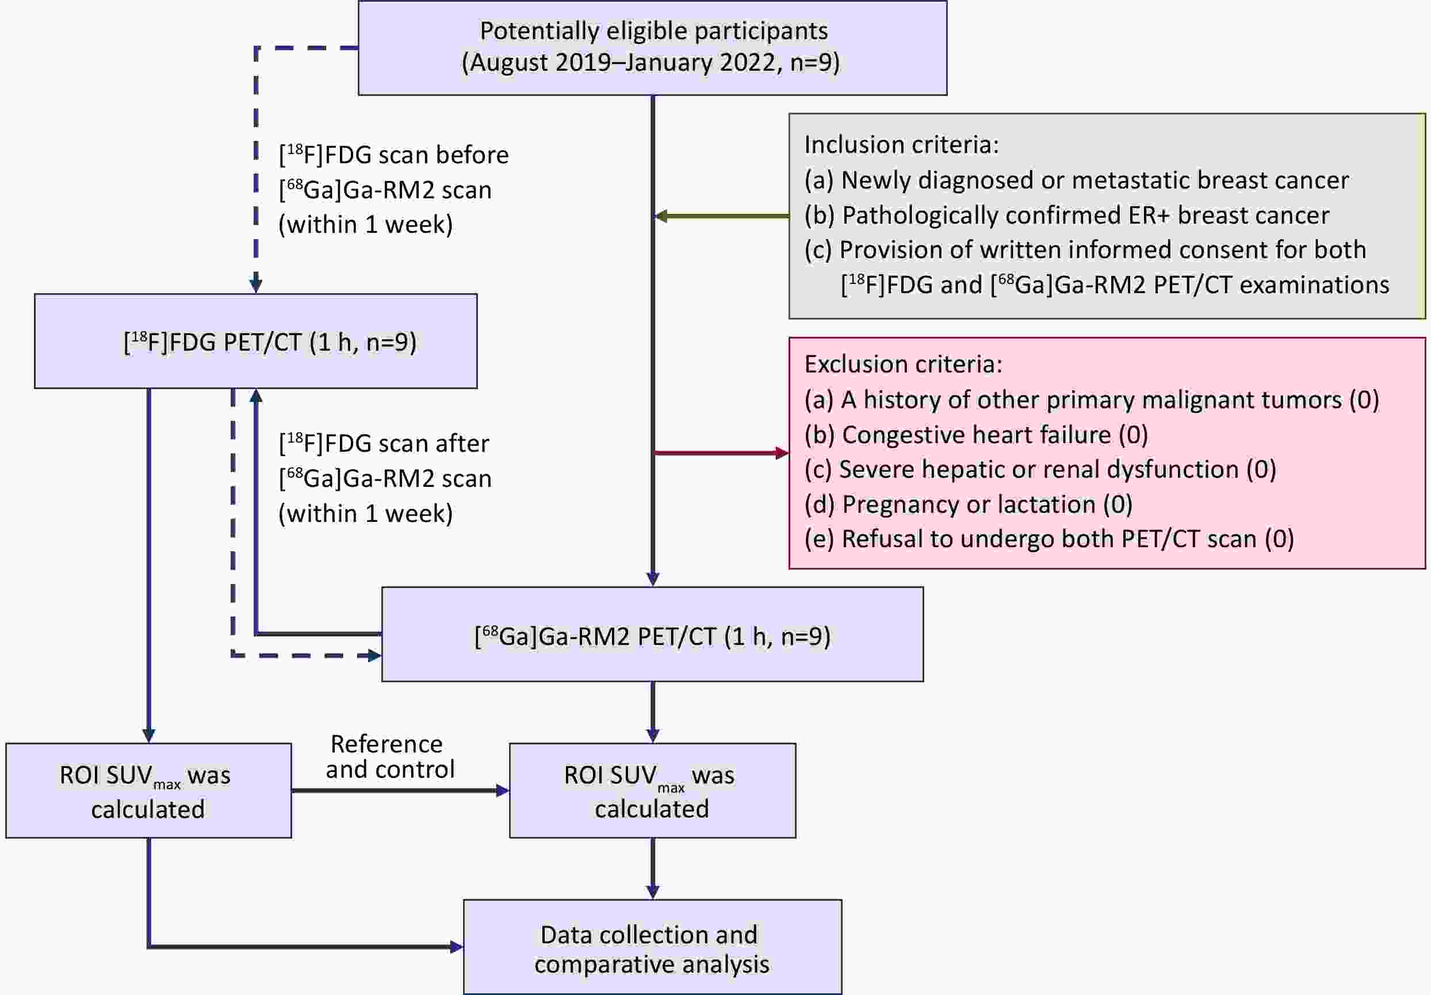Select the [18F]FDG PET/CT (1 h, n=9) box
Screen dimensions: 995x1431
[x=255, y=341]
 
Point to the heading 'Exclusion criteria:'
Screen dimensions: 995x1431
[x=903, y=364]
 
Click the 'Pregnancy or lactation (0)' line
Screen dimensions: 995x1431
[x=968, y=505]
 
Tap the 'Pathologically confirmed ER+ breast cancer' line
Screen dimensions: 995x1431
[x=1066, y=216]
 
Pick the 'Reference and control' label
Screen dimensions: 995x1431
[x=389, y=757]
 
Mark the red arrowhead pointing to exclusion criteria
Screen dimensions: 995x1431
[x=782, y=453]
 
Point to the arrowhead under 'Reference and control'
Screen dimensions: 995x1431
[x=502, y=790]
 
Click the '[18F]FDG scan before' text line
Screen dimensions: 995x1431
[x=393, y=155]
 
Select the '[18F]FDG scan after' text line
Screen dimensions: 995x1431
[x=383, y=444]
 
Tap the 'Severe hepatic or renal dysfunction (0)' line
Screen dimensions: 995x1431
[x=1039, y=470]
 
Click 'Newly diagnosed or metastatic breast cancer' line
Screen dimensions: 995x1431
[x=1076, y=180]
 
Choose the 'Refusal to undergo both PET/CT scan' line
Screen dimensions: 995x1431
[x=1049, y=540]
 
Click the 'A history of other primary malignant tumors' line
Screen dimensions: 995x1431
[x=1091, y=400]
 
